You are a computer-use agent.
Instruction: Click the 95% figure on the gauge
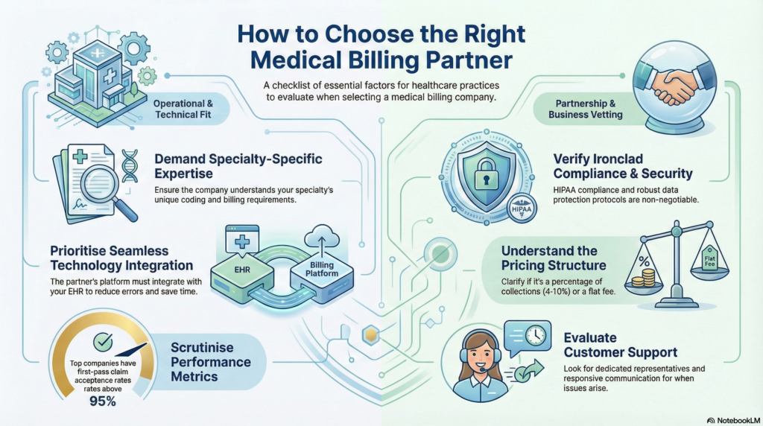click(102, 401)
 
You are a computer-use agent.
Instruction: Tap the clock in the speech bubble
click(535, 336)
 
